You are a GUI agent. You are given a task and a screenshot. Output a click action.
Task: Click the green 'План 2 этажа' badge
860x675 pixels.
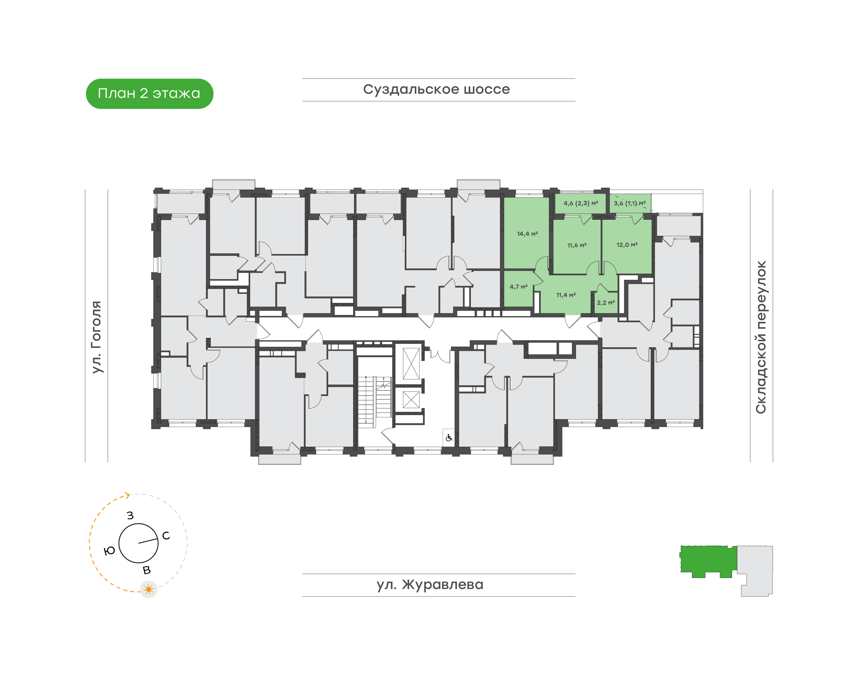click(149, 94)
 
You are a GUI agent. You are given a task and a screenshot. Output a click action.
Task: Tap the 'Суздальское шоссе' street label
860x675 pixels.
click(436, 90)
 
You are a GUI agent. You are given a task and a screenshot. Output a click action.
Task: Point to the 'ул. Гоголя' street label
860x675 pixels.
click(96, 337)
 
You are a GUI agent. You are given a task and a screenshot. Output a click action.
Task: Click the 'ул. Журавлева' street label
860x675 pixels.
click(430, 585)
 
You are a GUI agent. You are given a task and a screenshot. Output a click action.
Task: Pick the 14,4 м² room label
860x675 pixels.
click(527, 234)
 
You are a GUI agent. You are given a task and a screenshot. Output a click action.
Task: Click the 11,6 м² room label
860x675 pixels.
click(577, 245)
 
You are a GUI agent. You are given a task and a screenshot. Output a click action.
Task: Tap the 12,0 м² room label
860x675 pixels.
click(627, 245)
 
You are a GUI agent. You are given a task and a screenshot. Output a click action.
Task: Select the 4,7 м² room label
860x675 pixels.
click(519, 287)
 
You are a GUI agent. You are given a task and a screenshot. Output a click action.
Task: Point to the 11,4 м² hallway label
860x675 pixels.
click(566, 295)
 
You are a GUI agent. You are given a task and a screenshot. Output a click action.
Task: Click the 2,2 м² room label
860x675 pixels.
click(605, 303)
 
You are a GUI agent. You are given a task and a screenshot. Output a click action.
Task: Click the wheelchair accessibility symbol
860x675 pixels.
click(449, 438)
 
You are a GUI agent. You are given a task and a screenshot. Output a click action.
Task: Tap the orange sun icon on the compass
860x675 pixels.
click(149, 590)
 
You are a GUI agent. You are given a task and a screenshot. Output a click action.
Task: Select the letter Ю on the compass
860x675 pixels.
click(110, 551)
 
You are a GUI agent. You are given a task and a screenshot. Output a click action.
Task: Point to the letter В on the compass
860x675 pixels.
click(147, 570)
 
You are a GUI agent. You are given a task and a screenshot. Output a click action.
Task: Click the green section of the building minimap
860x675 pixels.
click(709, 560)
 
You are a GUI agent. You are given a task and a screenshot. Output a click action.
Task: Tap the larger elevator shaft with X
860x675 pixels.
click(411, 364)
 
